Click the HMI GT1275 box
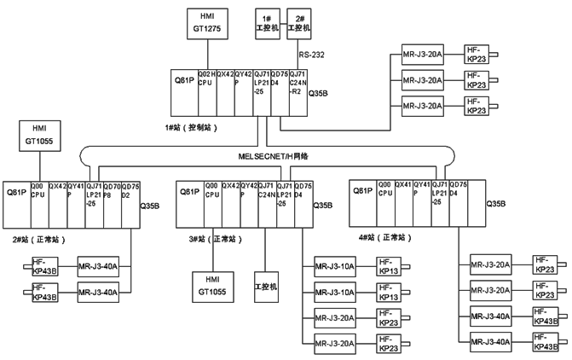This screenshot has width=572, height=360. coord(209,22)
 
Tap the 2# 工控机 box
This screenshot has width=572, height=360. coord(298,23)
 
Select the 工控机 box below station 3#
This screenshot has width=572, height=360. coord(266,285)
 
